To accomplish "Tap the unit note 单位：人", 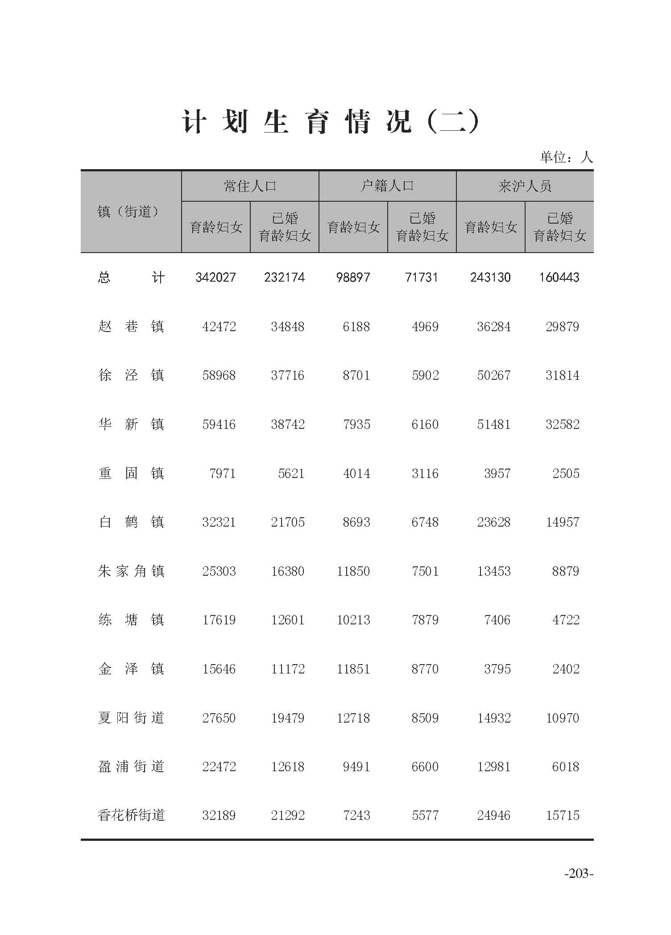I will point(566,157).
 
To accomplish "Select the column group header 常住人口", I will point(250,186).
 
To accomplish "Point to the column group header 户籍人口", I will point(387,186).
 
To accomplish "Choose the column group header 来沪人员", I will point(525,186).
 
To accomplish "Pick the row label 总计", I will point(131,278).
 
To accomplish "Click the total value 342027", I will point(215,278).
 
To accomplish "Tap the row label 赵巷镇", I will point(131,327).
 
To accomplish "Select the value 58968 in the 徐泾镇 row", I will point(219,375).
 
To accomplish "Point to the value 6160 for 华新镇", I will point(425,424).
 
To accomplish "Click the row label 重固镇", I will point(131,473).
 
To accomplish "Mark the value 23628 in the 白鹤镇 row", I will point(493,522).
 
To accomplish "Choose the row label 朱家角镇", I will point(131,571).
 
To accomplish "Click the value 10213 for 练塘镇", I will point(353,620).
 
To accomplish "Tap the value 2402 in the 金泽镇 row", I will point(566,669).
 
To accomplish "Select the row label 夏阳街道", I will point(131,718).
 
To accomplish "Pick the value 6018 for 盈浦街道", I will point(566,767).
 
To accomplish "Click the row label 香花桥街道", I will point(131,815).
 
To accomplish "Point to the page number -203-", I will point(579,886).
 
